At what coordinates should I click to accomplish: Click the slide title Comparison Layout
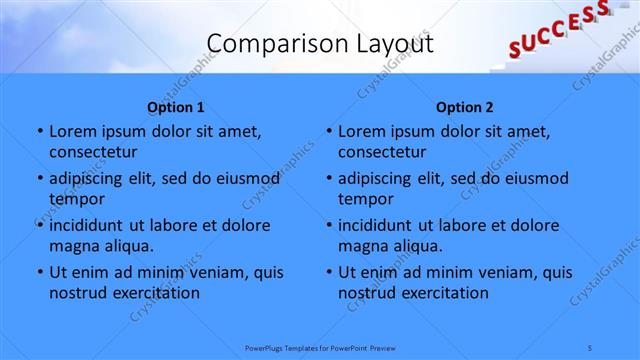(320, 44)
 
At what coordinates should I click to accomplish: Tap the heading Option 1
(176, 107)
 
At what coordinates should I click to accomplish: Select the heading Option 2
(464, 107)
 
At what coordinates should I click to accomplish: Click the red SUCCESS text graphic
(558, 28)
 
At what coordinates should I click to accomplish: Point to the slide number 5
(591, 347)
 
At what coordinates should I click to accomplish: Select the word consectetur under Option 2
(382, 152)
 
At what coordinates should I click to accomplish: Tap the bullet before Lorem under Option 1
(39, 132)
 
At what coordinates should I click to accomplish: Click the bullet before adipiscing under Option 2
(328, 179)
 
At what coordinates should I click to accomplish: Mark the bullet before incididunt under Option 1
(39, 226)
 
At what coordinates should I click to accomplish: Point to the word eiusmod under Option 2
(536, 178)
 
